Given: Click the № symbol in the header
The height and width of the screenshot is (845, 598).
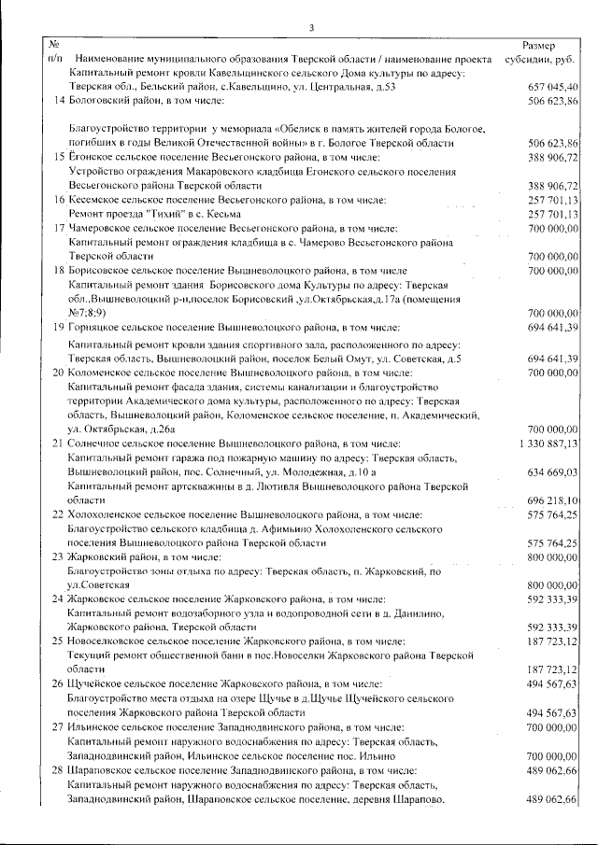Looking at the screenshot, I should click(53, 44).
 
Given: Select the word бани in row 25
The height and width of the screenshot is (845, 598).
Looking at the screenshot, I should click(247, 655).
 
